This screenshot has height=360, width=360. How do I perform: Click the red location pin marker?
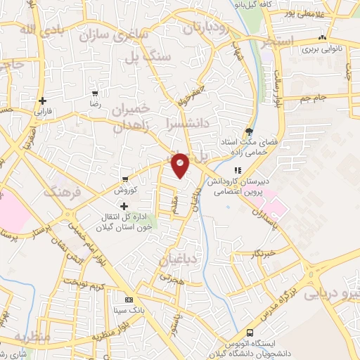[181, 165]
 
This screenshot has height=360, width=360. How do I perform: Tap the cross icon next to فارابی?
[44, 101]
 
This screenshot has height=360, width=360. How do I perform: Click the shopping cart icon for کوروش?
[124, 179]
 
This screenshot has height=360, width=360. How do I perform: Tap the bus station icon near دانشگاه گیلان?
[249, 333]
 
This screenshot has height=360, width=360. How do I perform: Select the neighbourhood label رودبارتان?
[207, 27]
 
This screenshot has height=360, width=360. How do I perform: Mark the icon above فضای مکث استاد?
[249, 131]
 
